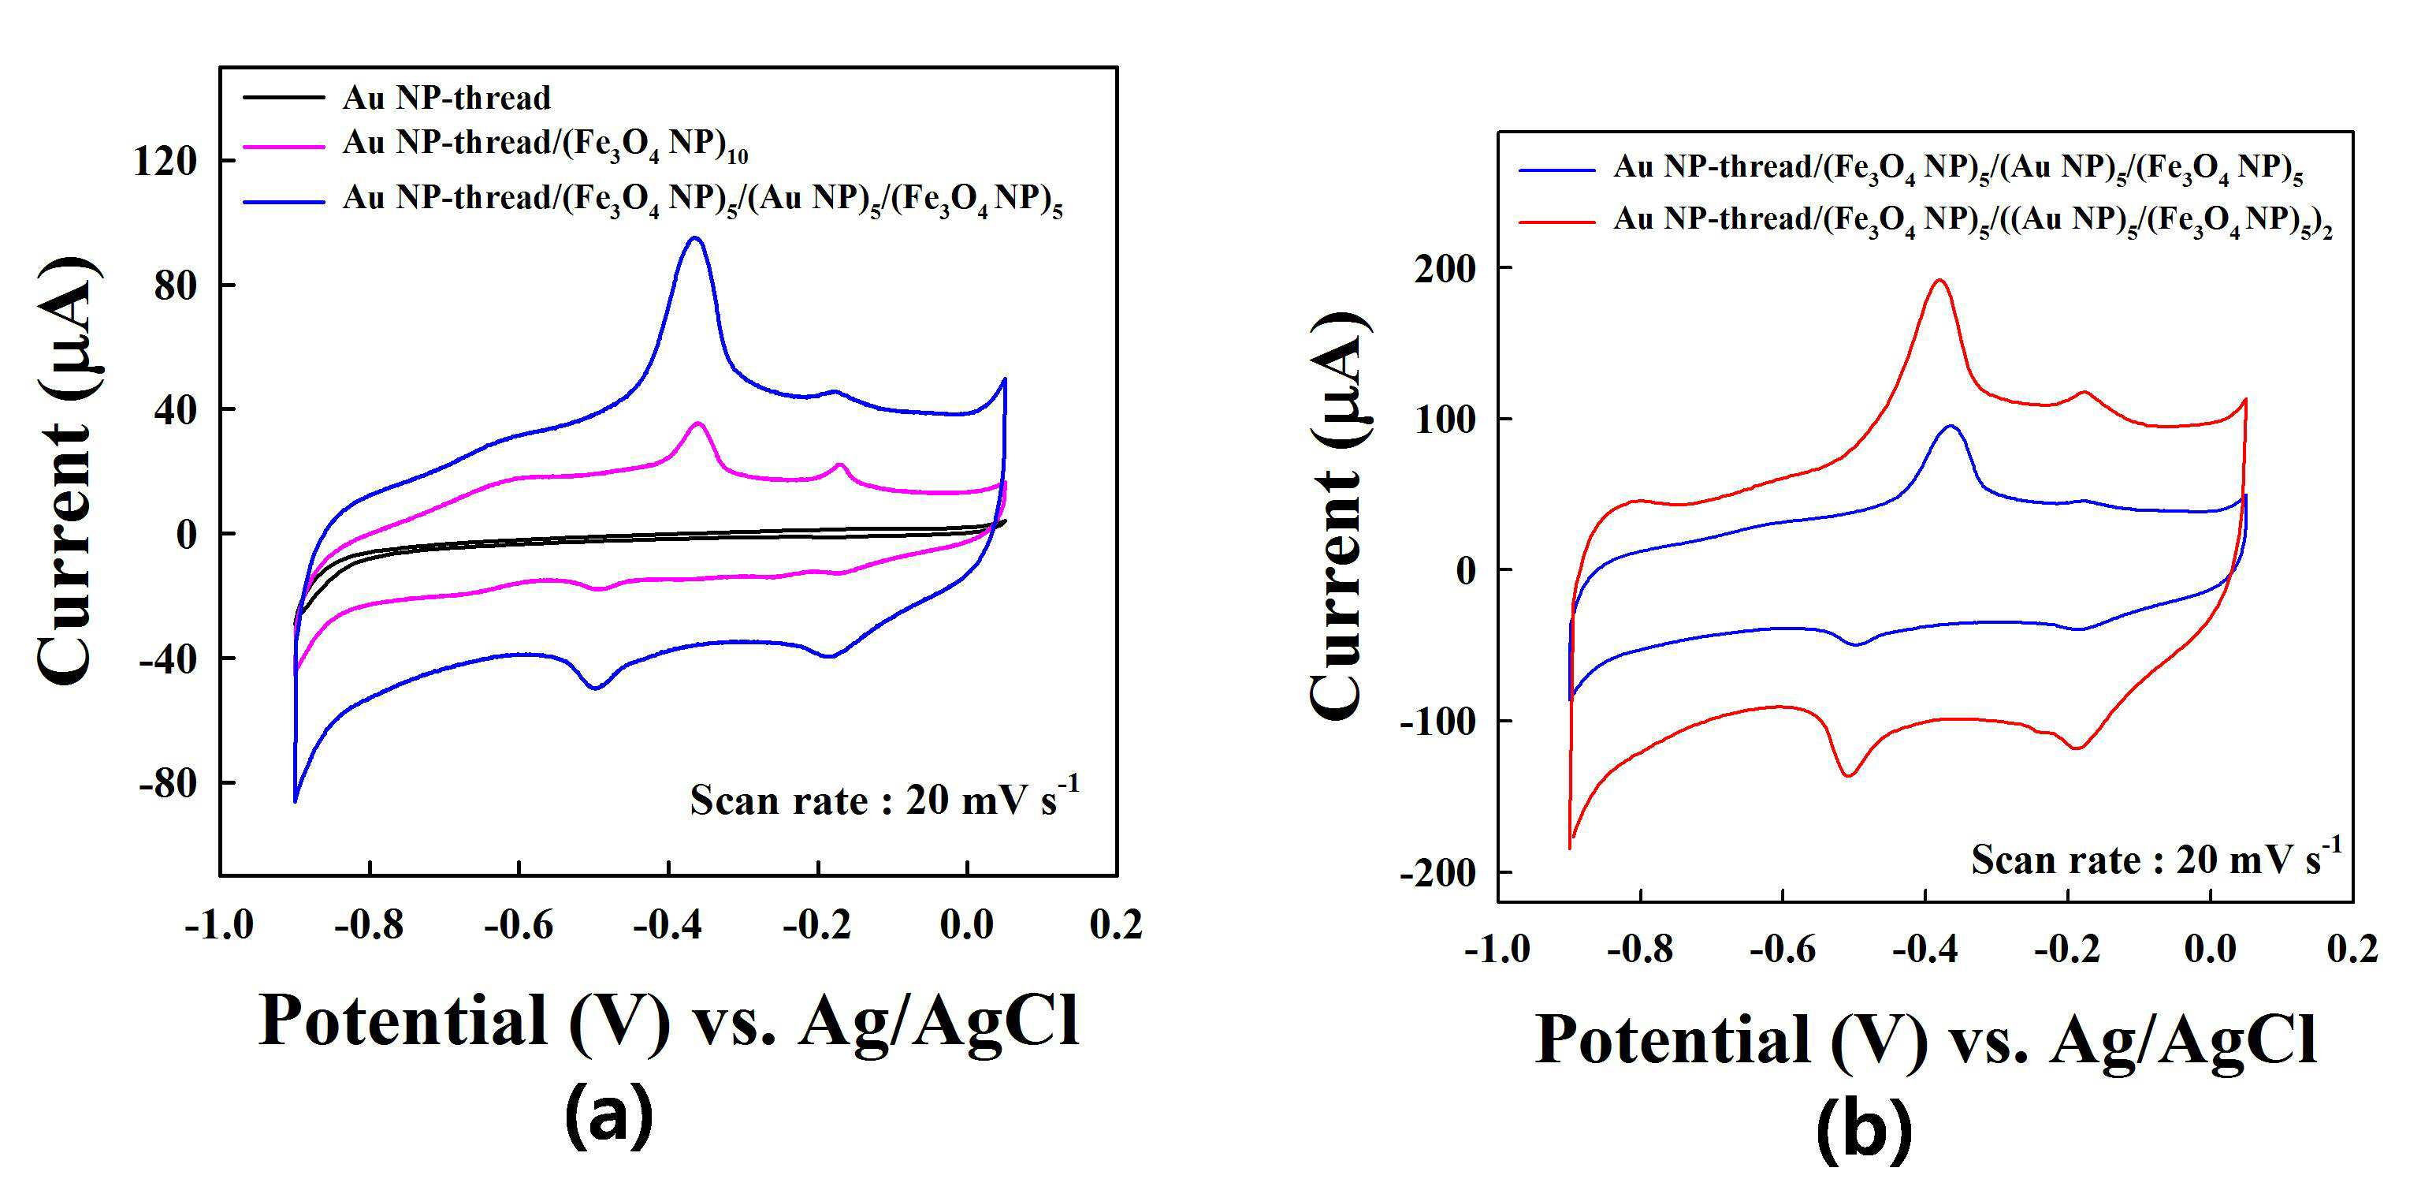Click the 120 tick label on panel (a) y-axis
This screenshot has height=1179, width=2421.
pyautogui.click(x=165, y=162)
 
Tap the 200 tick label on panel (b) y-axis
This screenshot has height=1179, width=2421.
pyautogui.click(x=1444, y=269)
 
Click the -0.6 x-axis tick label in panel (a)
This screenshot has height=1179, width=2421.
pyautogui.click(x=518, y=925)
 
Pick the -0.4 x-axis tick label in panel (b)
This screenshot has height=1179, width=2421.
pyautogui.click(x=1925, y=949)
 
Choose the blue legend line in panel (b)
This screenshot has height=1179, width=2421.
pyautogui.click(x=1557, y=171)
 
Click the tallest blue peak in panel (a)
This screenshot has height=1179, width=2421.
pyautogui.click(x=695, y=238)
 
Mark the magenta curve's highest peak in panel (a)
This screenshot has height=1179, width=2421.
pyautogui.click(x=698, y=424)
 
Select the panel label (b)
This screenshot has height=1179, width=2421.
pyautogui.click(x=1865, y=1133)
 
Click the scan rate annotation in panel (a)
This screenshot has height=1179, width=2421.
pyautogui.click(x=884, y=799)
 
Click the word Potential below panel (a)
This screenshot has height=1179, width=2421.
pyautogui.click(x=401, y=1020)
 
